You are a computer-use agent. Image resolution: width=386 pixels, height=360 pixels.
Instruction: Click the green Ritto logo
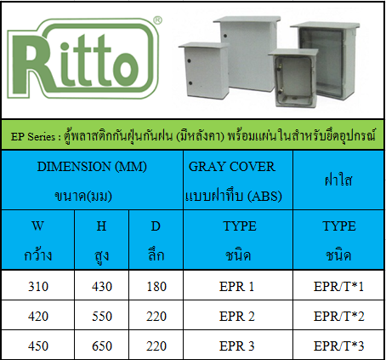pos(82,58)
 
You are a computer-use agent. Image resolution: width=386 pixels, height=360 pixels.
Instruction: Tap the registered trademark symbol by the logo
pos(157,20)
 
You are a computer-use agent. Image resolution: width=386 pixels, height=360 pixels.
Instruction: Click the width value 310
pos(38,287)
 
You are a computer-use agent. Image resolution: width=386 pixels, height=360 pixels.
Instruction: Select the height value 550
pos(102,317)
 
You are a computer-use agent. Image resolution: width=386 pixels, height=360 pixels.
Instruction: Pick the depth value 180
pos(156,287)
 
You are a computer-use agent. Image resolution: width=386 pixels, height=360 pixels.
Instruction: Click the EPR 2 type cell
pos(237,317)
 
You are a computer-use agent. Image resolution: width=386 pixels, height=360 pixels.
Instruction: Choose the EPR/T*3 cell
pos(338,346)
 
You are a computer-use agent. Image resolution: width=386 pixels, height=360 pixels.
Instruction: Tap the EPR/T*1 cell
pos(338,287)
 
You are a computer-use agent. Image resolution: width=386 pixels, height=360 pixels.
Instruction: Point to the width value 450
pos(38,346)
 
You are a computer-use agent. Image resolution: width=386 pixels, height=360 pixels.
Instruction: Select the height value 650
pos(102,346)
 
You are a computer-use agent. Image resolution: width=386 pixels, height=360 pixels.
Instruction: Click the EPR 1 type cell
pos(236,287)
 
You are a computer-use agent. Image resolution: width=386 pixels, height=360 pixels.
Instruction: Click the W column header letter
pos(38,226)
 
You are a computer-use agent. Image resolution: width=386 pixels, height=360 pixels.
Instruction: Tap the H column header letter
pos(101,226)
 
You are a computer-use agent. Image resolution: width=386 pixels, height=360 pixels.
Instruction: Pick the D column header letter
pos(156,226)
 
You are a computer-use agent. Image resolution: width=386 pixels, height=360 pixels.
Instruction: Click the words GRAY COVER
pos(232,167)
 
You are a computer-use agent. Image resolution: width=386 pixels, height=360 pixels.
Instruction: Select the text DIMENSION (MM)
pos(92,167)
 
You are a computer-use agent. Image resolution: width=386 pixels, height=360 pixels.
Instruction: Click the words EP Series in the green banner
pos(33,137)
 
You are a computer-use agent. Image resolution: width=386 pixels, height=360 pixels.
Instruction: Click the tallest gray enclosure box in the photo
pos(246,53)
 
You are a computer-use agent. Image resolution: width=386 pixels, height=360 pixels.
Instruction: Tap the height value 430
pos(102,287)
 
